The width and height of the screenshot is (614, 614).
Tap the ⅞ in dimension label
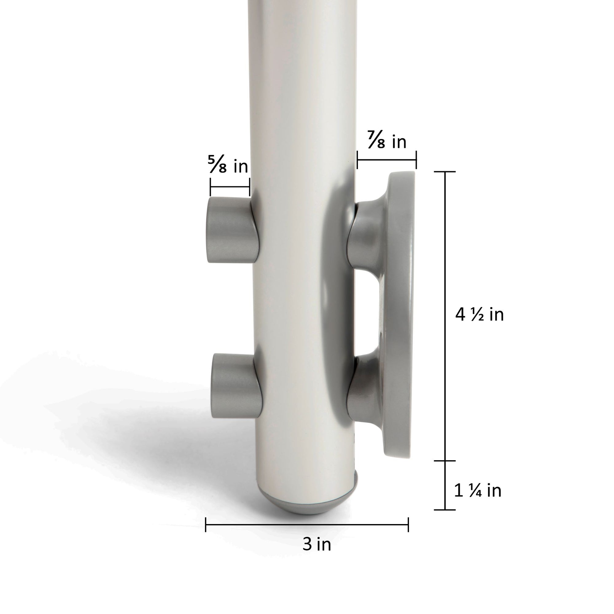(x=387, y=141)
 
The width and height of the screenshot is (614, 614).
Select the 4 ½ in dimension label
(x=480, y=315)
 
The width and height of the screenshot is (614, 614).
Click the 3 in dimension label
(x=317, y=544)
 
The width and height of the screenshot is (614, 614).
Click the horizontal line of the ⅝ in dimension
(x=230, y=187)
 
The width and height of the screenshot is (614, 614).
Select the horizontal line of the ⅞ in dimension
(x=387, y=160)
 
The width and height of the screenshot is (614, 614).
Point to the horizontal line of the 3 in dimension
(x=307, y=525)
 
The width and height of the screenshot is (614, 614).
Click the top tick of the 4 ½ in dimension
(x=445, y=172)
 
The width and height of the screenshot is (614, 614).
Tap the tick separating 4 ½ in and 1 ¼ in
(x=445, y=460)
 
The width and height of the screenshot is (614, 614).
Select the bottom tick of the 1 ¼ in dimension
(x=445, y=510)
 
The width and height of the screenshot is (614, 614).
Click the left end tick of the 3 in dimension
(x=206, y=525)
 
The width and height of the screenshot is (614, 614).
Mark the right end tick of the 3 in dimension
(x=408, y=525)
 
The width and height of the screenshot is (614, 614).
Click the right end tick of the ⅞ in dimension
(x=416, y=160)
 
